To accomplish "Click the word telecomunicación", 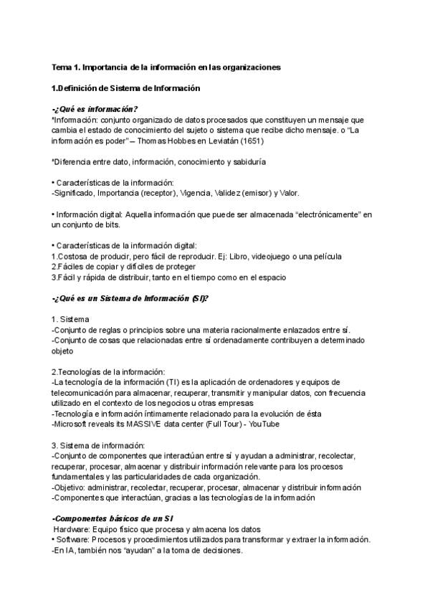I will click(x=87, y=392).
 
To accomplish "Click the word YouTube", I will click(x=262, y=424).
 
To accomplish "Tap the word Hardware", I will click(x=70, y=529).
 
